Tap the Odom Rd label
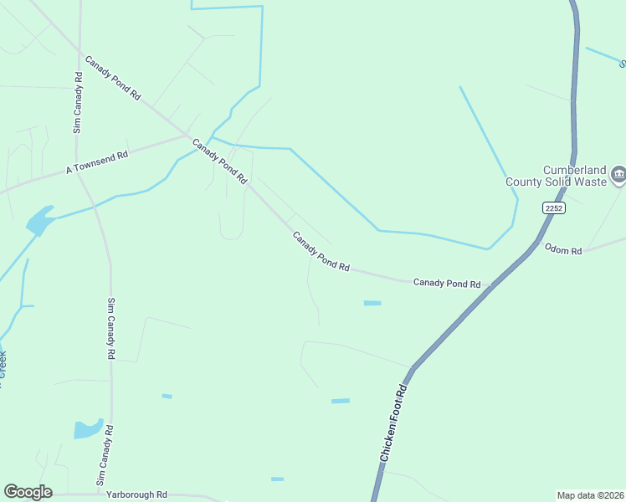pos(562,249)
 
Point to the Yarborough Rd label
pos(136,494)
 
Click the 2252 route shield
pos(552,207)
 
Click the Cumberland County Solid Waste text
pos(556,174)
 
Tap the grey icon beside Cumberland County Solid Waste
pos(618,174)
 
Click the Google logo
pos(28,492)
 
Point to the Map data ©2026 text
pos(589,494)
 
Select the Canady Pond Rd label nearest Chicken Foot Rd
pos(447,284)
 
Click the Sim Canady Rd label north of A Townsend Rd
pos(77,102)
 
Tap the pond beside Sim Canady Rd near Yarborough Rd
pos(87,429)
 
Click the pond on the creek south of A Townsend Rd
pos(39,222)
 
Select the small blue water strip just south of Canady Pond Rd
pos(372,303)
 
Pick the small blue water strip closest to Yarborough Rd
pos(277,479)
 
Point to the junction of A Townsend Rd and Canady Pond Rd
pos(187,136)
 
